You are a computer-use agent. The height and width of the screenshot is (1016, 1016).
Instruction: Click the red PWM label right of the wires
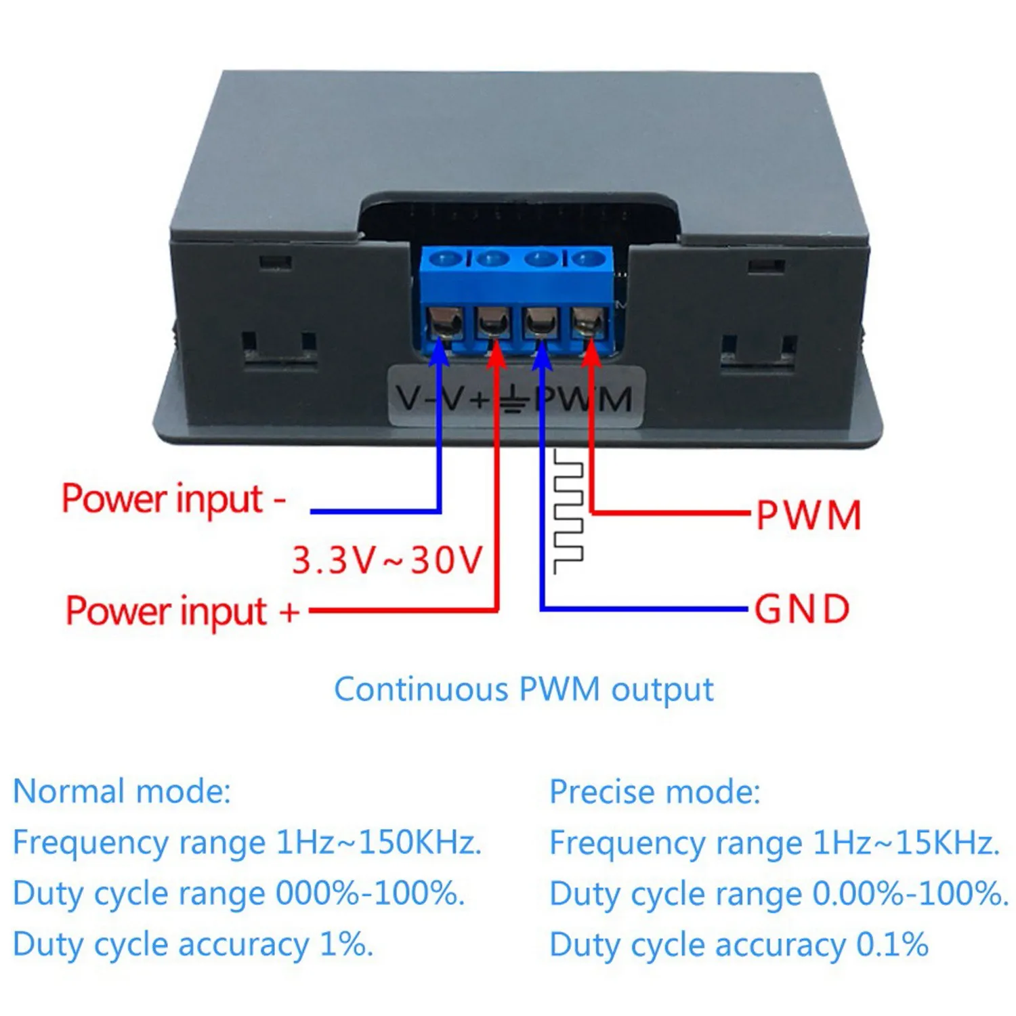click(x=808, y=515)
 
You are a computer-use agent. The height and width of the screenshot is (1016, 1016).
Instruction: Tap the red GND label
click(x=802, y=609)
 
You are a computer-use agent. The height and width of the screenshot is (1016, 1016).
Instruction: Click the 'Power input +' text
click(x=182, y=611)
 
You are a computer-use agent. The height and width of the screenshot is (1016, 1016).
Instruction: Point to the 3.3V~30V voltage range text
click(x=387, y=560)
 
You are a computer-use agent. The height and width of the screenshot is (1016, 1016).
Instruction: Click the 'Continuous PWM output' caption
click(x=524, y=690)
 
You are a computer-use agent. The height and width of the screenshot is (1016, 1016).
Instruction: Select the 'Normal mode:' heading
click(x=122, y=791)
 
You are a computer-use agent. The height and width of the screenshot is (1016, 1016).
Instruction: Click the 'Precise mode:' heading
click(x=654, y=791)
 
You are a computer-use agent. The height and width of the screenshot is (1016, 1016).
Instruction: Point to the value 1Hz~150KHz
click(x=379, y=843)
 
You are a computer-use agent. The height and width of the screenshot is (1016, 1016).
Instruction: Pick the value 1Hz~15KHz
click(x=906, y=843)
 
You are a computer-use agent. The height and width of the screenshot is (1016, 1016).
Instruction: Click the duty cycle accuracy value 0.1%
click(x=892, y=944)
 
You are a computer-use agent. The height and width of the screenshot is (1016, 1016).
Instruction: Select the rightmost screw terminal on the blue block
click(x=588, y=321)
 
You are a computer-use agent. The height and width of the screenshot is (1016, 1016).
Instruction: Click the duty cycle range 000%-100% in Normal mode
click(x=370, y=893)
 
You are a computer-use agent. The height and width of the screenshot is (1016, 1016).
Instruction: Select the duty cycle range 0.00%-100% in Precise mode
click(x=910, y=893)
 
